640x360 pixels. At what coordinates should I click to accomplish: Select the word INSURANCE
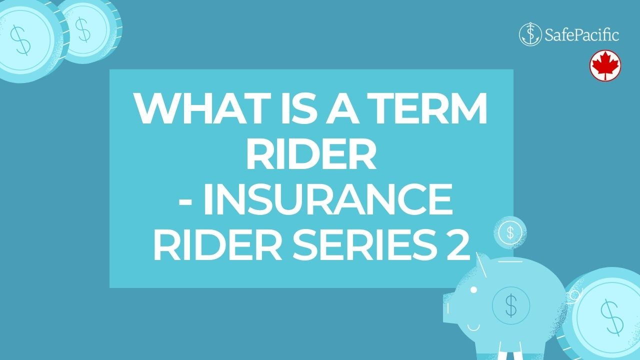tap(327, 199)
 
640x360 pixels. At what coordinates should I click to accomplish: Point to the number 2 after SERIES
tap(457, 245)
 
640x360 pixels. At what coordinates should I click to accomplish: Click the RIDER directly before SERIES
tap(218, 245)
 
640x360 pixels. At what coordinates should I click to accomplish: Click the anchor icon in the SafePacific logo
tap(530, 34)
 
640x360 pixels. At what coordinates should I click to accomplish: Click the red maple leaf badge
tap(605, 65)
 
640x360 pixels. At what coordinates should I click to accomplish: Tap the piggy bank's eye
tap(473, 290)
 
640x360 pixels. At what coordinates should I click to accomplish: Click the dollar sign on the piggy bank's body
tap(511, 305)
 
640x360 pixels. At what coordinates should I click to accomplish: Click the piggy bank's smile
tap(473, 327)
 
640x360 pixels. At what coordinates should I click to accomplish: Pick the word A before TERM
tap(342, 108)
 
